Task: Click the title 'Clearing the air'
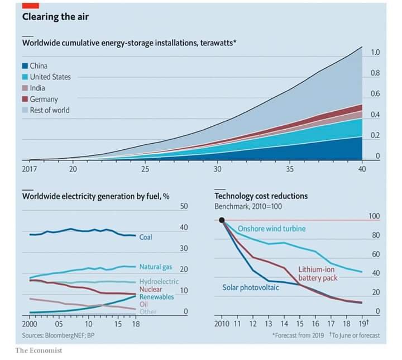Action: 55,17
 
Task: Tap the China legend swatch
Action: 25,66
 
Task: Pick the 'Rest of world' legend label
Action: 50,110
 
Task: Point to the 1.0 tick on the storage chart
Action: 375,53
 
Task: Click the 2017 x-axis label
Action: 29,169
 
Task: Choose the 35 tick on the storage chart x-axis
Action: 289,169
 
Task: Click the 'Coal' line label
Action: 146,237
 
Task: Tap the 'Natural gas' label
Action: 156,267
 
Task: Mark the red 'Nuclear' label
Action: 151,290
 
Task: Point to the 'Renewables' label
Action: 157,297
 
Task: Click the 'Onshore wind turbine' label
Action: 271,229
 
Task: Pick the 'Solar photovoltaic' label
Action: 250,288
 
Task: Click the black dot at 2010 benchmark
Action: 222,220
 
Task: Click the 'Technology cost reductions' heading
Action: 261,196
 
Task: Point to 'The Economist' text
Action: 39,350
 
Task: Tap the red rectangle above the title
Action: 30,4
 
